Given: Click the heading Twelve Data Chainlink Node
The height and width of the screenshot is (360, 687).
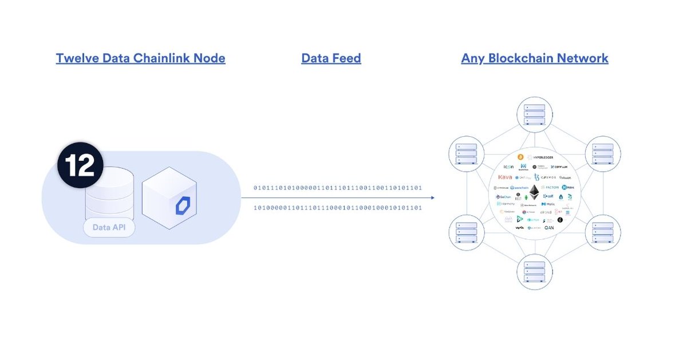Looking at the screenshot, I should [140, 58].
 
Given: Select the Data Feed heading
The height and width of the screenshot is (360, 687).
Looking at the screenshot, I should [331, 58].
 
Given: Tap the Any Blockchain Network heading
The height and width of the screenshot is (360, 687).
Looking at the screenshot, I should [534, 58].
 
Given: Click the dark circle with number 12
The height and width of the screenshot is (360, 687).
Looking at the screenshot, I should [80, 165].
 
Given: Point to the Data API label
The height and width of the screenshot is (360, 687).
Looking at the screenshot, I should [109, 228].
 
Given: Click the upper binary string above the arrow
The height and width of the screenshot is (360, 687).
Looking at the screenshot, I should [337, 188].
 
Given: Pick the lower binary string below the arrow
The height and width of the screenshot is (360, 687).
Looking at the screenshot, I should [337, 208].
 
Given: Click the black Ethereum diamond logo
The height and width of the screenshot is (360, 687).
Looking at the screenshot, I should [534, 193].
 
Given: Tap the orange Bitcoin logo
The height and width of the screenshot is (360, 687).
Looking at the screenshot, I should [520, 157].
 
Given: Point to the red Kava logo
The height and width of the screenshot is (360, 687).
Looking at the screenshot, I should [505, 177].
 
